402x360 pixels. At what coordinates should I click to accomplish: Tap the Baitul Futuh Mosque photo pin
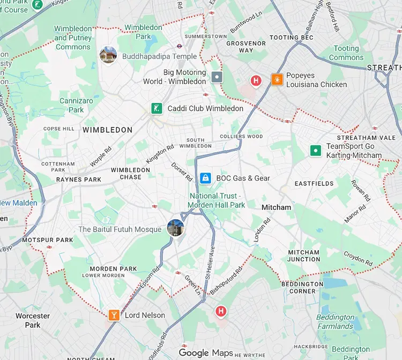coord(175,228)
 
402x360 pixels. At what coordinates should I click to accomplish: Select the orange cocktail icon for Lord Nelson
coord(114,315)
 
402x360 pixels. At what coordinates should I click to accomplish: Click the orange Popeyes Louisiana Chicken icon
coord(277,79)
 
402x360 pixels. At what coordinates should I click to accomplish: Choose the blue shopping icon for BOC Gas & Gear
coord(204,178)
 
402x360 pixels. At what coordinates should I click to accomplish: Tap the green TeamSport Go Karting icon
coord(316,151)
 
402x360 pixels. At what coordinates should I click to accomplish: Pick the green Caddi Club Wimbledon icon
coord(156,108)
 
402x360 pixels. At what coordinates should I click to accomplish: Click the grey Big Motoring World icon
coord(217,77)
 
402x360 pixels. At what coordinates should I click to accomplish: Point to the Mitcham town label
coord(276,207)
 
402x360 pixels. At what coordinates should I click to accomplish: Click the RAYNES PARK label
coord(79,180)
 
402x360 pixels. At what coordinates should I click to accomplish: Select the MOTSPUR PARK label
coord(48,240)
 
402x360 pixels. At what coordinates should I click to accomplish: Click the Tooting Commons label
coord(346,53)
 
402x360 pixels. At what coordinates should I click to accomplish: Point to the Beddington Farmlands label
coord(335,321)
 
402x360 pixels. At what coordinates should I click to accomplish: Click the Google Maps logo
coord(206,352)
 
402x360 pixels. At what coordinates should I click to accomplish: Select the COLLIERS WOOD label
coord(241,137)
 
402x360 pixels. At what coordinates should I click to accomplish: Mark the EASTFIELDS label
coord(314,184)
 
